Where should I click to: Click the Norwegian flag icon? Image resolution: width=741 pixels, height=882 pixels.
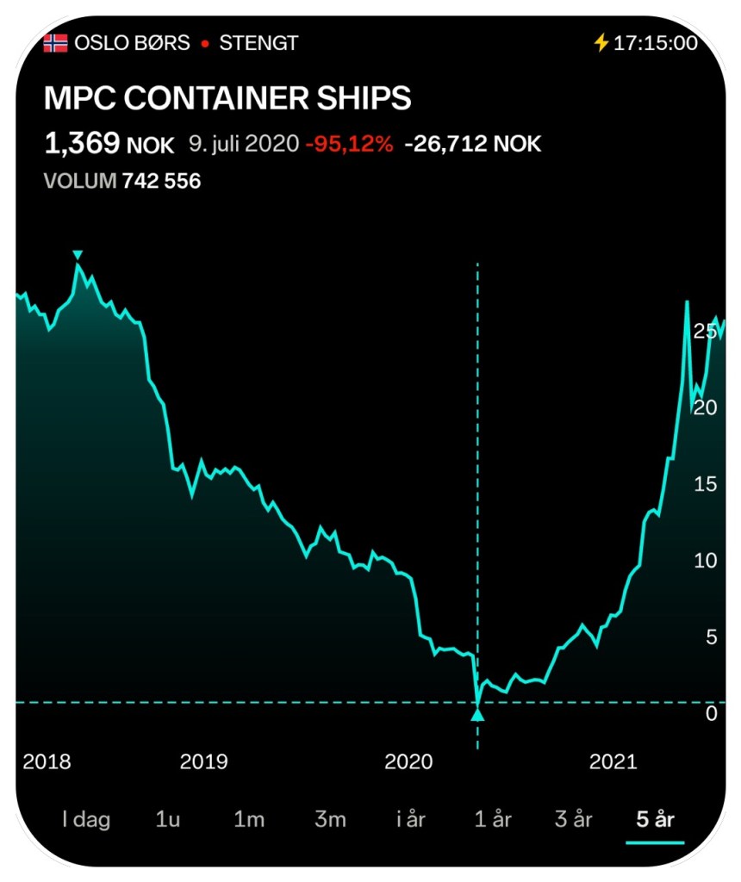point(55,42)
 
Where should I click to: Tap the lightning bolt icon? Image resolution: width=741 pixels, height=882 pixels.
point(601,42)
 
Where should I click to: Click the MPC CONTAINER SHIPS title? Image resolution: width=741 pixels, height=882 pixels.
point(227,98)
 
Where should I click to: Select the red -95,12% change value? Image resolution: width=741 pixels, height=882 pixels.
point(349,144)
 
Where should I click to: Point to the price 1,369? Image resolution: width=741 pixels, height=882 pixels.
point(82,143)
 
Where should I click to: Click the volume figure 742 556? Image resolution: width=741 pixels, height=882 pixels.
point(161,181)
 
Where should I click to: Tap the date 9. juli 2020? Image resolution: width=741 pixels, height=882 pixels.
point(243,144)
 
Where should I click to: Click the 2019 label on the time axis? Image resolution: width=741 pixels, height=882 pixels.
point(203,761)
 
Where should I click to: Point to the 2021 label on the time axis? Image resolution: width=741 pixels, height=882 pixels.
point(613,761)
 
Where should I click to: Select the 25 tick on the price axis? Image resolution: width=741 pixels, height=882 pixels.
point(706,331)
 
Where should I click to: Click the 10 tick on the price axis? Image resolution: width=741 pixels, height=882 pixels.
point(706,561)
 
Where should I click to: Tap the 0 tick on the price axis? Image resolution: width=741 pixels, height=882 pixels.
point(711,713)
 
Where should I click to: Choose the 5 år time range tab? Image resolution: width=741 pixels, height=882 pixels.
point(655,819)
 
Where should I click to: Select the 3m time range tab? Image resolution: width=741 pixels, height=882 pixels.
point(330,819)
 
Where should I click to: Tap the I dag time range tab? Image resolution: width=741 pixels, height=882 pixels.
point(86,819)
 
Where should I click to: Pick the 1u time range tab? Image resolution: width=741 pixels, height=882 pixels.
point(167,819)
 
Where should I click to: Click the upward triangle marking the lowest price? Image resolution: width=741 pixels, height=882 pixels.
point(477,714)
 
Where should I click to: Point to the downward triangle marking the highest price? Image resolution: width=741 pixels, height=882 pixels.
point(78,254)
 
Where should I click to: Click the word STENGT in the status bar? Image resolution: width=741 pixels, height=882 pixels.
point(258,42)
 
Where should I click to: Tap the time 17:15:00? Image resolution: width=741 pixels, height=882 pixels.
point(655,42)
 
